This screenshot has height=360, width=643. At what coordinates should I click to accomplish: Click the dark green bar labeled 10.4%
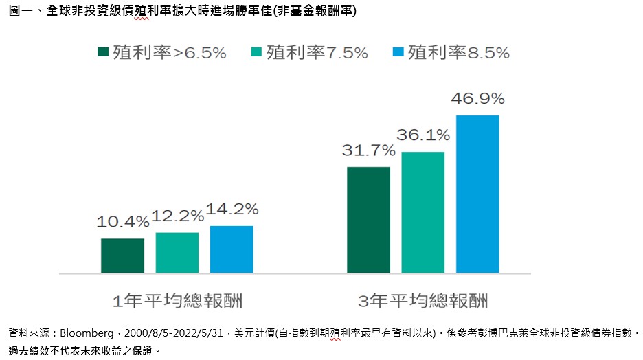[122, 256]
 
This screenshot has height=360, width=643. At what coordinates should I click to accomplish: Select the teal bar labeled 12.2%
[177, 253]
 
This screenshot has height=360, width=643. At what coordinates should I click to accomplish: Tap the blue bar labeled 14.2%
[232, 249]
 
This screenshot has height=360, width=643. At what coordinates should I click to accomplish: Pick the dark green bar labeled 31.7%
[368, 220]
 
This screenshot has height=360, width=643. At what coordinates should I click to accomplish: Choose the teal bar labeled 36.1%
[422, 212]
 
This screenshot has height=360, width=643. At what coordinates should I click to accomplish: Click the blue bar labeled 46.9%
[477, 194]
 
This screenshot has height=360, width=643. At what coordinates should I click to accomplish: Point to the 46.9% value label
[477, 98]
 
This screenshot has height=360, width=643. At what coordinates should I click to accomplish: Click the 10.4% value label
[123, 222]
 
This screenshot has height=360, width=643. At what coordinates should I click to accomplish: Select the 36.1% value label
[422, 135]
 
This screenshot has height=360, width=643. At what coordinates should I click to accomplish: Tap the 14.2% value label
[232, 209]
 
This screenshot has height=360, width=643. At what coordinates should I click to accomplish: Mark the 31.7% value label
[368, 150]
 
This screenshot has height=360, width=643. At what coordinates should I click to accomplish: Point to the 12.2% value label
[177, 216]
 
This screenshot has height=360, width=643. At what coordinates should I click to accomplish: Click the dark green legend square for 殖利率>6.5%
[104, 53]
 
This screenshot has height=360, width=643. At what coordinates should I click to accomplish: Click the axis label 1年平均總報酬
[177, 301]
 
